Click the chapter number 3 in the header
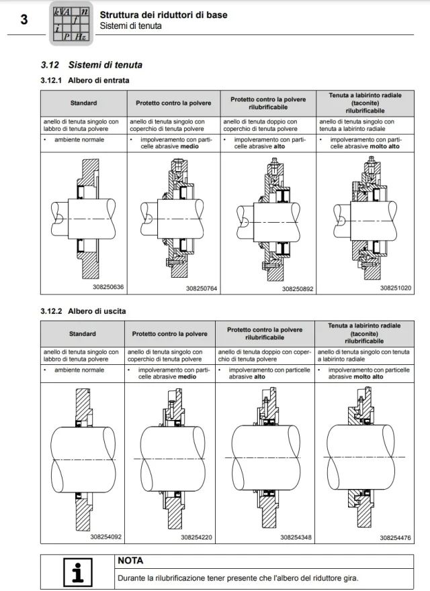point(24,19)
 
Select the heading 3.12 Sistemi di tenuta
point(91,65)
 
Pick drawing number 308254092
point(106,536)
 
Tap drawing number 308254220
point(196,537)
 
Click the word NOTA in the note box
point(130,560)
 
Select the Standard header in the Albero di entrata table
point(83,103)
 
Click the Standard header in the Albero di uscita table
point(82,333)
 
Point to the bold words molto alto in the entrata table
point(386,146)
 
